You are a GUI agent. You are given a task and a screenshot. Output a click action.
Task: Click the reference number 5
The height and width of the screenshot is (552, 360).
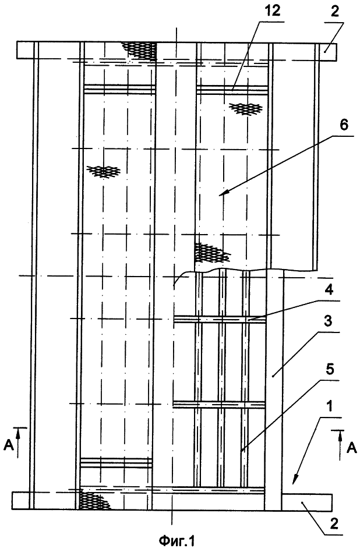pos(330,370)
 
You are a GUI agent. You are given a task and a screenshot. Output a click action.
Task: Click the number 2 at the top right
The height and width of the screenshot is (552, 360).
pos(334,11)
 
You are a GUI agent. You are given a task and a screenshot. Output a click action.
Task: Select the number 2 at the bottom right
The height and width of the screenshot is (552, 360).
pos(334,523)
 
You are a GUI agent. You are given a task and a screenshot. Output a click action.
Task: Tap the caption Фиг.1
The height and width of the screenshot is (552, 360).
pos(177,540)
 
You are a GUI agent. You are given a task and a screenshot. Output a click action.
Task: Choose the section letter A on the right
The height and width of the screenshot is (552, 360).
pos(351,448)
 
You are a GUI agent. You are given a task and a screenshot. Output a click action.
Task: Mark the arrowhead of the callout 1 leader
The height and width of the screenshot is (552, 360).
pos(294,480)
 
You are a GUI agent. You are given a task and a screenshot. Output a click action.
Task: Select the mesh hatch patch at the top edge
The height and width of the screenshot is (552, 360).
pos(140,50)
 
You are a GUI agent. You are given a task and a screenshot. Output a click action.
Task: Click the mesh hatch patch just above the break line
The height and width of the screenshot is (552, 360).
pos(211,252)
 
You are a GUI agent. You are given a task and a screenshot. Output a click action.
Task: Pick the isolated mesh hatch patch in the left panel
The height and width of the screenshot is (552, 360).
pos(104,171)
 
